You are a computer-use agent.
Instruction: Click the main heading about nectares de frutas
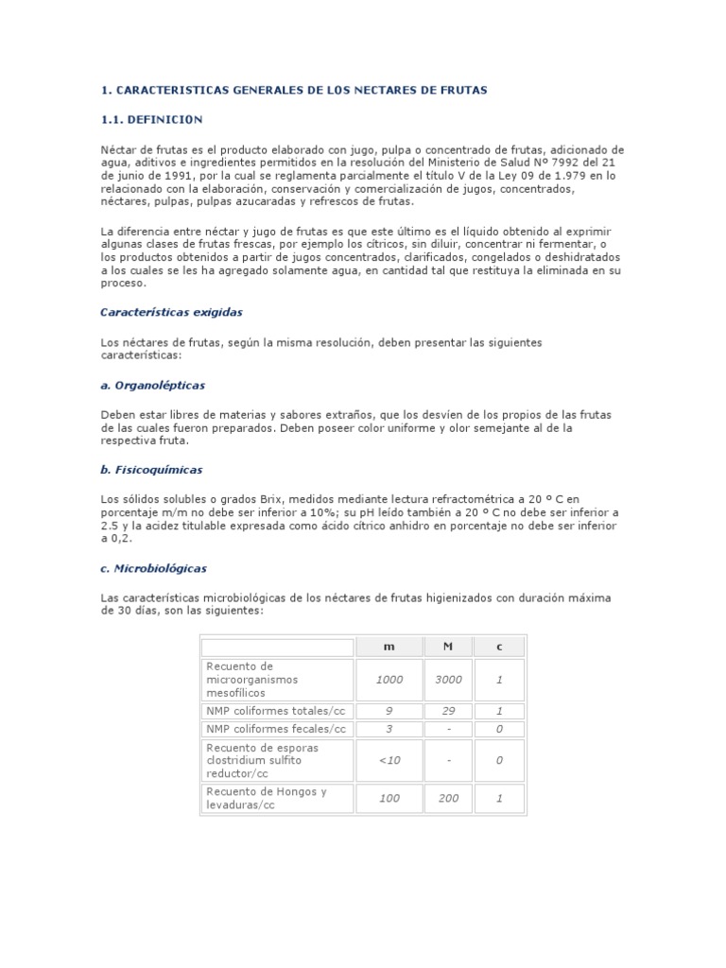tap(294, 90)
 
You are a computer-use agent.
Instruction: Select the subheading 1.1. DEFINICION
tap(151, 120)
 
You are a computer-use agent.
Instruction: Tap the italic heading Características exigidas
tap(171, 311)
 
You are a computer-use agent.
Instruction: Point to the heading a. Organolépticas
tap(152, 386)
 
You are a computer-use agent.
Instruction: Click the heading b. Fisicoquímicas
tap(151, 469)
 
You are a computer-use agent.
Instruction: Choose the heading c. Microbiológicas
tap(153, 568)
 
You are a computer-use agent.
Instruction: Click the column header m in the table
tap(389, 647)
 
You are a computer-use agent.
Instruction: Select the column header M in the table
tap(448, 647)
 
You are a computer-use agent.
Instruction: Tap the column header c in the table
tap(499, 647)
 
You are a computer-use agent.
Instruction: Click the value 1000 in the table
tap(389, 680)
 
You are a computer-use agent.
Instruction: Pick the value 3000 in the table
tap(448, 680)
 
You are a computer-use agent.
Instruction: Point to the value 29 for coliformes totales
tap(448, 711)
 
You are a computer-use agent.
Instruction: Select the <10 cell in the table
tap(389, 760)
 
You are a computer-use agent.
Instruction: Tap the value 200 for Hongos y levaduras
tap(448, 799)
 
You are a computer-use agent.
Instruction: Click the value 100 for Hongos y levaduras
tap(389, 799)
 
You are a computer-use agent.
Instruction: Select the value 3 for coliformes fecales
tap(389, 729)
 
